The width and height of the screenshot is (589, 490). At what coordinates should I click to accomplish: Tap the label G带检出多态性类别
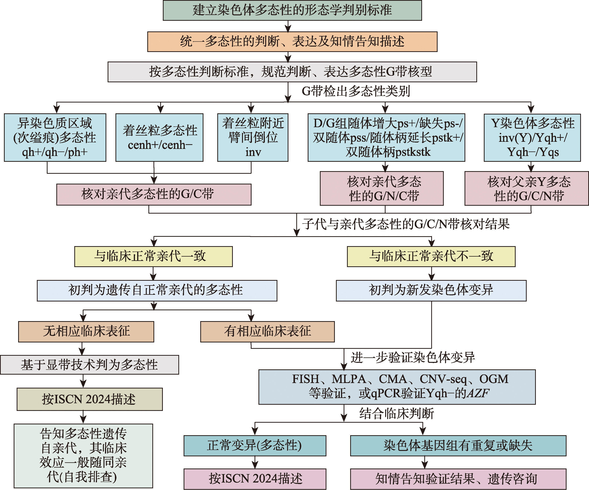(356, 91)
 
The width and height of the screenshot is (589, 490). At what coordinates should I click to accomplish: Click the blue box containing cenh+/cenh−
(159, 137)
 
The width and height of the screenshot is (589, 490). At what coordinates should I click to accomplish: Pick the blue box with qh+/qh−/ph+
(55, 137)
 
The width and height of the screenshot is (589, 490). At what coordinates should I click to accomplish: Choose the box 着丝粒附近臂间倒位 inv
(253, 137)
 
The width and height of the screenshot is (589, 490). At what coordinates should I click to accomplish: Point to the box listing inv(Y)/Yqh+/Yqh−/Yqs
(532, 137)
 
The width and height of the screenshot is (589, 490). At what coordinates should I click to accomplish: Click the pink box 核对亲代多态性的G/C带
(154, 195)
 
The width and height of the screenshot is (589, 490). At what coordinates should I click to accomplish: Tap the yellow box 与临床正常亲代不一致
(431, 256)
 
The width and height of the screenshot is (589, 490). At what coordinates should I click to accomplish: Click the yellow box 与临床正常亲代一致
(153, 256)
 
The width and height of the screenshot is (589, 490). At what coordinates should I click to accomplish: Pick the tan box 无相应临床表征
(86, 332)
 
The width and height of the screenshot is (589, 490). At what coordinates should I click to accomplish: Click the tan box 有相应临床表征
(267, 332)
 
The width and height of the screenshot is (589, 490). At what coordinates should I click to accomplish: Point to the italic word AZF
(478, 393)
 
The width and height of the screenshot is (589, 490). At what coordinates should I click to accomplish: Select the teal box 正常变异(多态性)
(255, 446)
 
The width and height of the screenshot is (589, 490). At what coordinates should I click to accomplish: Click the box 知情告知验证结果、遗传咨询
(458, 479)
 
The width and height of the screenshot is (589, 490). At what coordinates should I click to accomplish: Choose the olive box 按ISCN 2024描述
(89, 399)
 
